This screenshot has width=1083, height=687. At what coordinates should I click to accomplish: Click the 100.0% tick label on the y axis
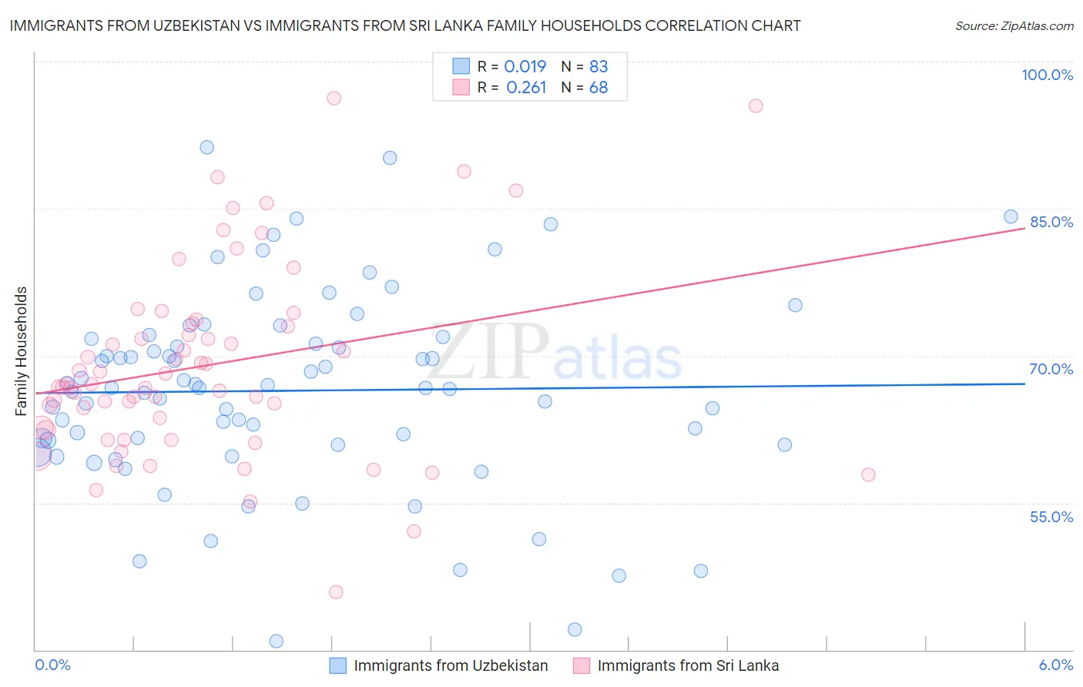click(x=1047, y=75)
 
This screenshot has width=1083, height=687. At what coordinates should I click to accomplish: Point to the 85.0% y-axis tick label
click(x=1051, y=222)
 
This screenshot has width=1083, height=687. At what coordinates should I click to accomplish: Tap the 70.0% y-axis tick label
click(x=1051, y=369)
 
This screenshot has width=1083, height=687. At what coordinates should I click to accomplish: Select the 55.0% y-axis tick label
click(x=1051, y=517)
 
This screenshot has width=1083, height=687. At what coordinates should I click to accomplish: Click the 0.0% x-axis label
click(x=52, y=665)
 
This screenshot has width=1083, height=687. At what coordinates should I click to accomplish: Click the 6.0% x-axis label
click(x=1056, y=665)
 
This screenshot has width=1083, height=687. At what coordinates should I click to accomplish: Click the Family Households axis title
click(x=22, y=351)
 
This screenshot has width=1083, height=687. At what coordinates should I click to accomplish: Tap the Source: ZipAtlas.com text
click(x=1014, y=25)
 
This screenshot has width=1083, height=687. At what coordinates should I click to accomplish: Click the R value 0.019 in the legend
click(x=525, y=66)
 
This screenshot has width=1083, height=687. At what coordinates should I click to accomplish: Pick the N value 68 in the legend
click(x=598, y=88)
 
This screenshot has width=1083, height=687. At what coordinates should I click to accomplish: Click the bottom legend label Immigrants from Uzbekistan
click(x=451, y=665)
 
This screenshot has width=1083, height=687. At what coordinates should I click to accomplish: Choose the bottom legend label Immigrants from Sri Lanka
click(x=688, y=665)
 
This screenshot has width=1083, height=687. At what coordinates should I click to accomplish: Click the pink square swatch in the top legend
click(x=461, y=87)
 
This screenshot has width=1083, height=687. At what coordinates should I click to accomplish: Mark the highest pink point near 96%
click(x=334, y=98)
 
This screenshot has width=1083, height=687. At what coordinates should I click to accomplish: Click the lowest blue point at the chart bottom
click(x=276, y=641)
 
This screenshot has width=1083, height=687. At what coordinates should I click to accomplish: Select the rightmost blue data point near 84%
click(x=1011, y=216)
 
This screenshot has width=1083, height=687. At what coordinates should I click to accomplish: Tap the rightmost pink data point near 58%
click(x=868, y=474)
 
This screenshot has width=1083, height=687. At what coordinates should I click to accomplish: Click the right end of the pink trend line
click(x=1024, y=228)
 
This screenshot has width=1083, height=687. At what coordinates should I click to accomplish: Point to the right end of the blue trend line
click(x=1024, y=383)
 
